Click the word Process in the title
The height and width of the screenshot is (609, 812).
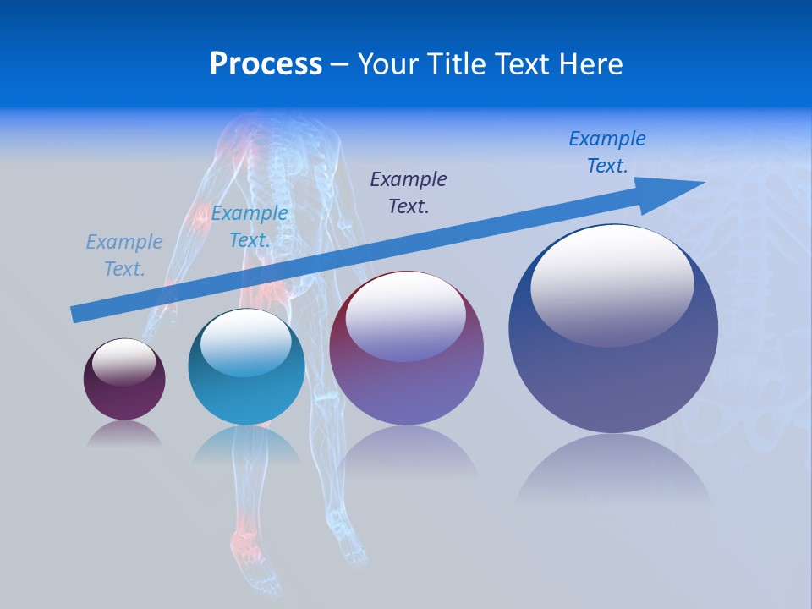pos(266,64)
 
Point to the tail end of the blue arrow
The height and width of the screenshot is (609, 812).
pos(74,315)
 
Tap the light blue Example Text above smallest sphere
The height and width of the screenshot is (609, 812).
pos(124,255)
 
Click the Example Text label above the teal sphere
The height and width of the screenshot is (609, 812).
pos(250,227)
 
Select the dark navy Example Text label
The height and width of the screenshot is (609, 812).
pos(409,192)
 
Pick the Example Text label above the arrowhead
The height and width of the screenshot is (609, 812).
pos(607,151)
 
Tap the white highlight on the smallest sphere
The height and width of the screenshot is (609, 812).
pos(124,359)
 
